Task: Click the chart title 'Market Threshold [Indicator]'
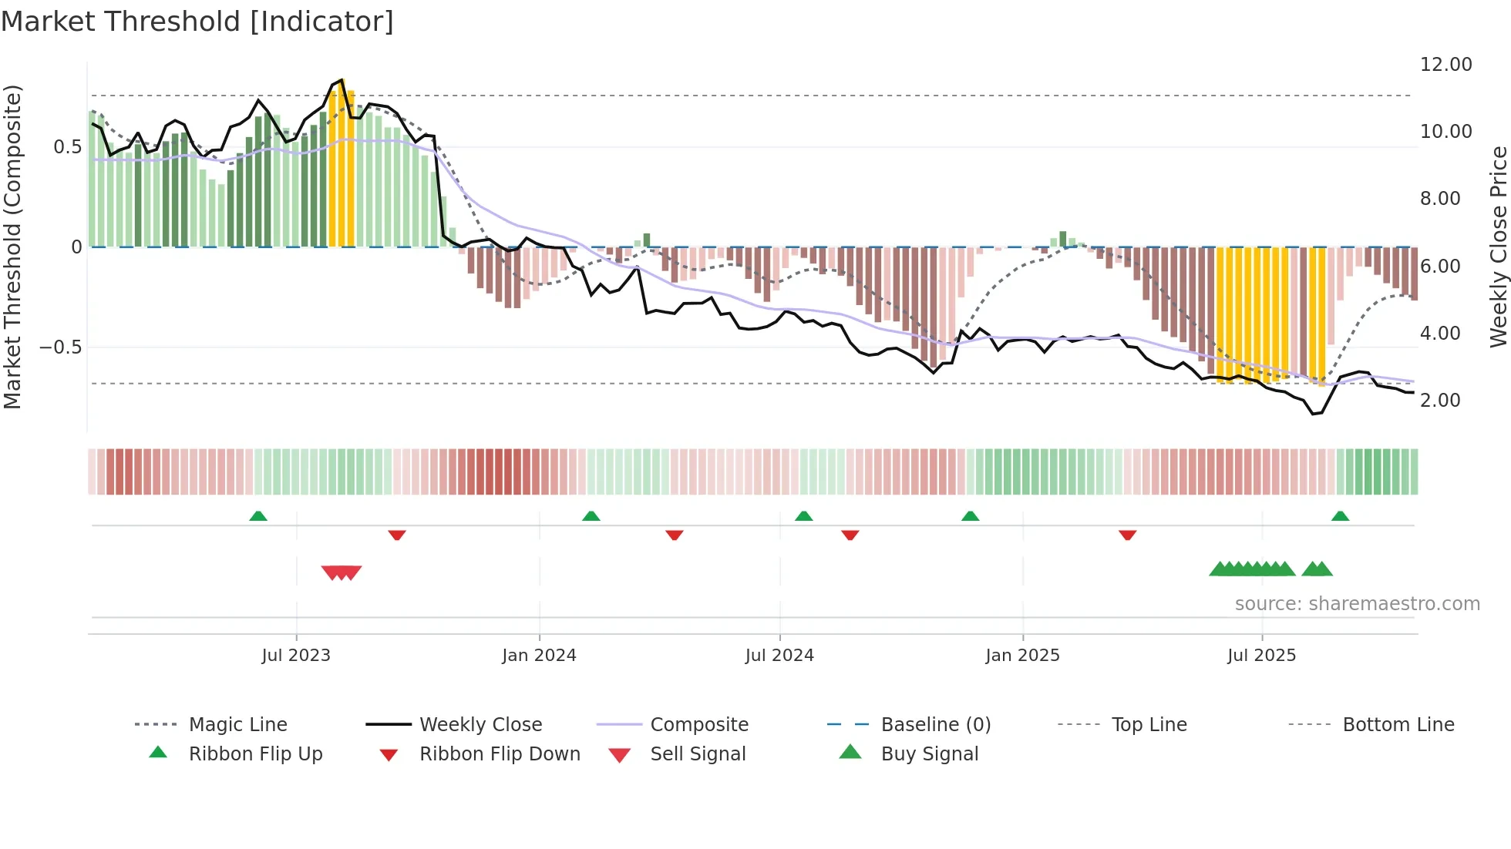pos(197,22)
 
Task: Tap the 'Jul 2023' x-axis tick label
pos(296,656)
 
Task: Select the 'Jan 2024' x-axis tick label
pos(539,656)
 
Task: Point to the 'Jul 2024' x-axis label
pos(779,656)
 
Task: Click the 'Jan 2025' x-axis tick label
pos(1022,656)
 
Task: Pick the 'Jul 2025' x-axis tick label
pos(1262,656)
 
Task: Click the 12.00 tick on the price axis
pos(1445,65)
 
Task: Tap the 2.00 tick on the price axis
pos(1440,401)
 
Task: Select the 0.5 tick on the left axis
pos(68,147)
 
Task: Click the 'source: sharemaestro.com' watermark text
pos(1357,604)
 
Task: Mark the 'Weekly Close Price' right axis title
pos(1498,247)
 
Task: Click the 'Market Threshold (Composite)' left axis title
pos(12,247)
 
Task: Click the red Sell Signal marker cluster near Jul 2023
pos(342,572)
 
